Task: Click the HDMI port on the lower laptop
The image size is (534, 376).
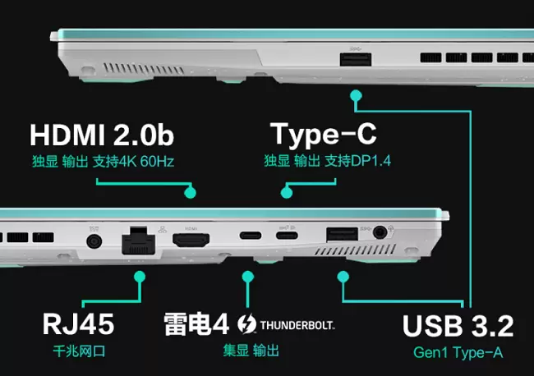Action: tap(191, 241)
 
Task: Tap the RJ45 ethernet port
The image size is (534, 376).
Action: tap(138, 241)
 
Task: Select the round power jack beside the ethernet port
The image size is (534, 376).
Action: tap(94, 242)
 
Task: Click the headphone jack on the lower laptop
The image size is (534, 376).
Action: tap(380, 233)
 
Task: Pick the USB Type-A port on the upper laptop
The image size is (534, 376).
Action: tap(356, 60)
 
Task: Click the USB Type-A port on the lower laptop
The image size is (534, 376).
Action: tap(342, 235)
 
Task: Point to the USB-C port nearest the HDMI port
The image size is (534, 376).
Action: tap(251, 235)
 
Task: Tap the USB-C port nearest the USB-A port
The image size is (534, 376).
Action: tap(287, 235)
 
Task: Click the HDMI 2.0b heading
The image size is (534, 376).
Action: tap(102, 135)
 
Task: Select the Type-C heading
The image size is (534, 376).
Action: tap(323, 135)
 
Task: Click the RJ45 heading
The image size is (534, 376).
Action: tap(78, 324)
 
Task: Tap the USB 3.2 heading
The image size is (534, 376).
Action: tap(458, 326)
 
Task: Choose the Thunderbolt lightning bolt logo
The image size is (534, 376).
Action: tap(246, 323)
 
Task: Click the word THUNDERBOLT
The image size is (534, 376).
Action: tap(297, 325)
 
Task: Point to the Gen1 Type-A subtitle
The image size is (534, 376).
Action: tap(458, 352)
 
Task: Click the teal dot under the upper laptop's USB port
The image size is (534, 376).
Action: tap(356, 95)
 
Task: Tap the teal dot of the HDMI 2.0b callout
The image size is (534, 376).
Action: tap(190, 193)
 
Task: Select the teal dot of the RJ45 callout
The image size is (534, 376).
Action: tap(140, 277)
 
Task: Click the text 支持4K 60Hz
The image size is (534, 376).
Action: tap(133, 161)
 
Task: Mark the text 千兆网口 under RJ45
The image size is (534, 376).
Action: tap(79, 351)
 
